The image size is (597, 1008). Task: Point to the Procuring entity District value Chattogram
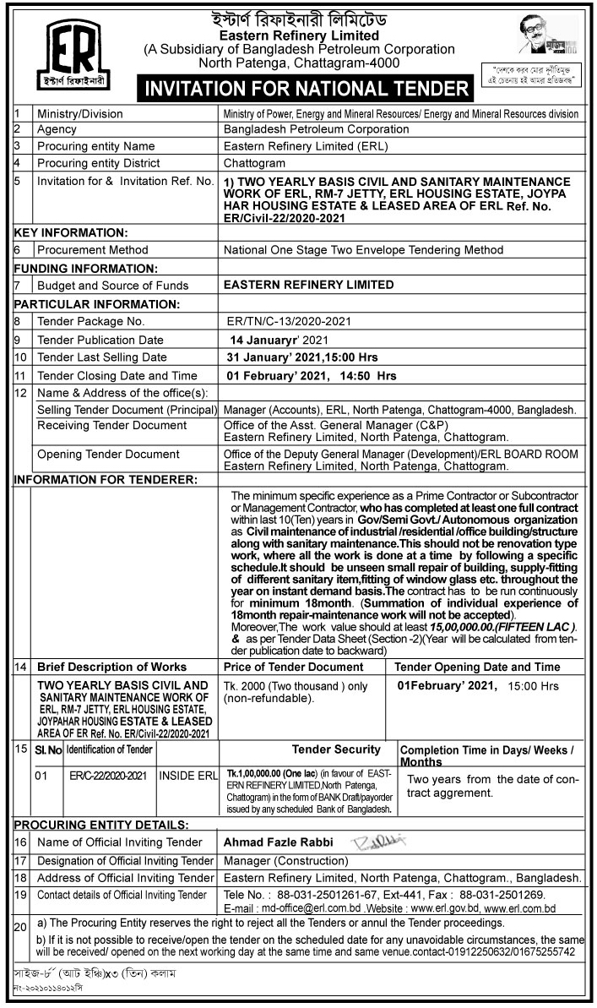click(x=254, y=162)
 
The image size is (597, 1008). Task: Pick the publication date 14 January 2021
click(x=278, y=339)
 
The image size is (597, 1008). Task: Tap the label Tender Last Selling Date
click(x=102, y=357)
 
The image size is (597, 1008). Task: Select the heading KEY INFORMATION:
click(x=70, y=232)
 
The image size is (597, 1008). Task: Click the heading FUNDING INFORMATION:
click(x=84, y=268)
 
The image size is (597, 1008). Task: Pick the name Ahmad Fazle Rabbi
click(x=278, y=842)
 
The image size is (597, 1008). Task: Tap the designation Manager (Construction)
click(x=282, y=860)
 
